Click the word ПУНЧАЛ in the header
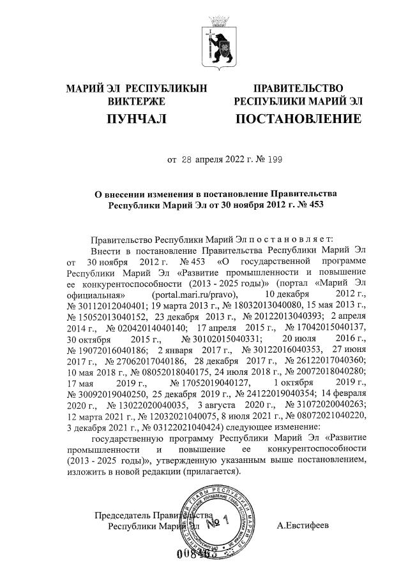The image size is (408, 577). pos(136,119)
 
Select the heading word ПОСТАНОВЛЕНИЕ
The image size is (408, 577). pos(298,119)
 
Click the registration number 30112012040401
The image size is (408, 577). pos(117,307)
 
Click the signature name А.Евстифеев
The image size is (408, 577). pos(303,526)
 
